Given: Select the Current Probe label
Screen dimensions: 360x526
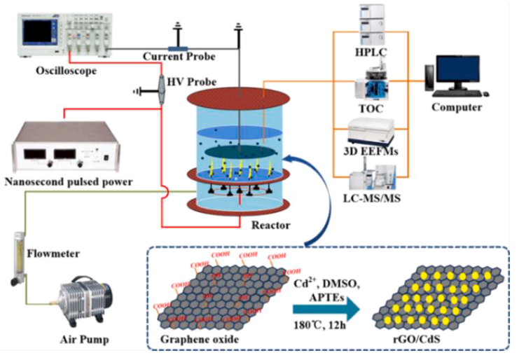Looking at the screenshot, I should point(179,56).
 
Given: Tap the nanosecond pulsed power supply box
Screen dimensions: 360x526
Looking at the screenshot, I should point(60,150).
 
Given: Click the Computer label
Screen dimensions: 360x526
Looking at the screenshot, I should point(456,107).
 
